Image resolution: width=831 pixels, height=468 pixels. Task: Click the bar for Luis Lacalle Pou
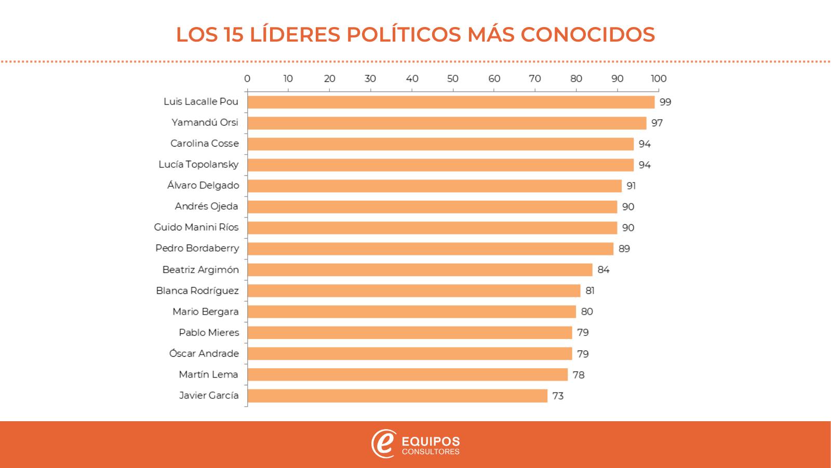pos(451,102)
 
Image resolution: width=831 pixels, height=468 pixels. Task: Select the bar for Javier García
pos(397,396)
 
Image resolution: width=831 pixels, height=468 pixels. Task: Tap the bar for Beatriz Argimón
pos(420,270)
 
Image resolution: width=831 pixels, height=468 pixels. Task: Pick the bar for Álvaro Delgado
pos(434,186)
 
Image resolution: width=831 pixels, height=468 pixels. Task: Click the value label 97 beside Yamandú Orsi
pos(657,123)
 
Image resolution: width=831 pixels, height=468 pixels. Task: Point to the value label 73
pos(558,396)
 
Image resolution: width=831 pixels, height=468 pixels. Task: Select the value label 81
pos(590,291)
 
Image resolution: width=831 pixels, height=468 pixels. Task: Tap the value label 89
pos(624,249)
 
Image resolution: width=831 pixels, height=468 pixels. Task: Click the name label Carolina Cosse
pos(205,144)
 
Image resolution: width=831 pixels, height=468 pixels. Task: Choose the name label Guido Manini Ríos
pos(196,227)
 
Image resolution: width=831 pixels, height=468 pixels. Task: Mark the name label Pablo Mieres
pos(209,332)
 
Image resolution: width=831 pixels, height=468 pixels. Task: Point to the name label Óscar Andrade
pos(204,354)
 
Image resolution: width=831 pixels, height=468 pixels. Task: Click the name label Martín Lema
pos(208,374)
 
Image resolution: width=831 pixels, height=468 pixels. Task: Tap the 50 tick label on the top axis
pos(452,79)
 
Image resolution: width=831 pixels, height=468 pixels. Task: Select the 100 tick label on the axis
pos(659,79)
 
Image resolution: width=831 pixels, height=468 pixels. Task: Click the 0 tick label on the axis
pos(247,79)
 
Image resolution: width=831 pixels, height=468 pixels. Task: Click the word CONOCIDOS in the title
pos(587,35)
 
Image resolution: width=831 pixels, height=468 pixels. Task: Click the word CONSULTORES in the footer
pos(431,452)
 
